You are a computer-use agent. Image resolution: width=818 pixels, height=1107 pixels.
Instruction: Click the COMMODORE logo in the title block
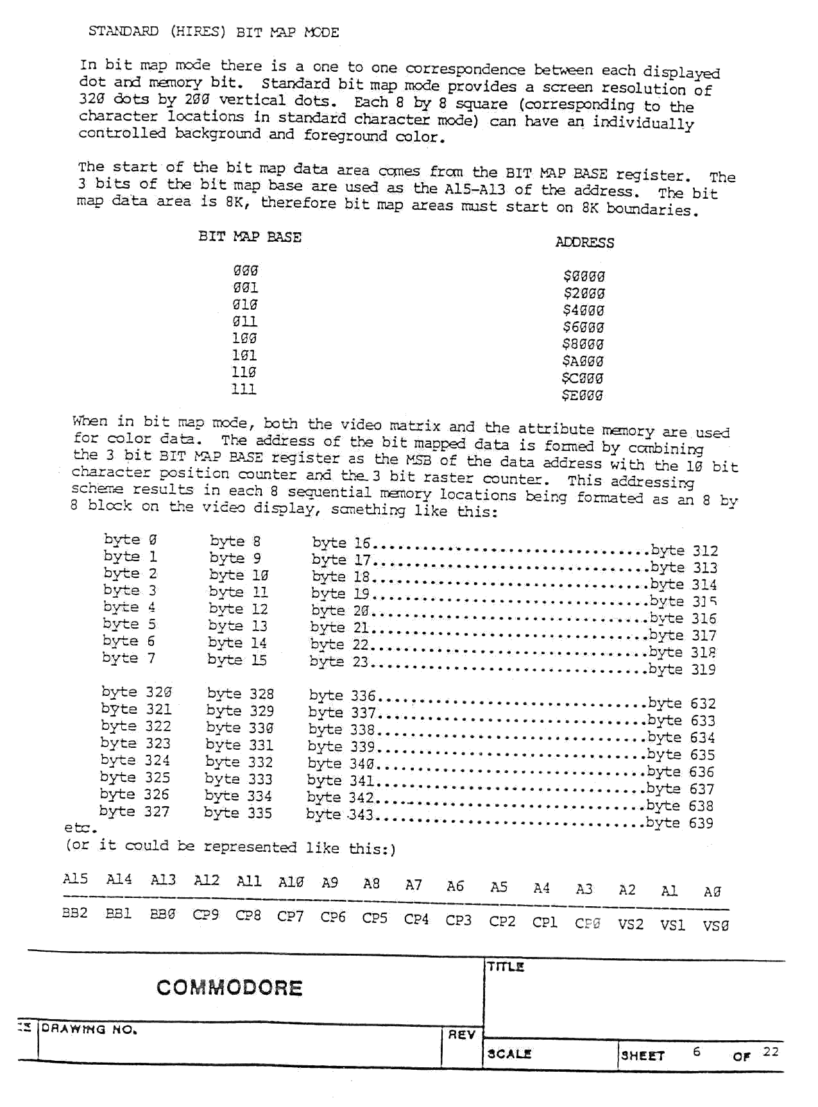(x=229, y=987)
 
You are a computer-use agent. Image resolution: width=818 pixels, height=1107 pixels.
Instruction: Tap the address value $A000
(x=583, y=361)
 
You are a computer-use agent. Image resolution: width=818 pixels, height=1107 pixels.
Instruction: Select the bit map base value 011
(x=244, y=321)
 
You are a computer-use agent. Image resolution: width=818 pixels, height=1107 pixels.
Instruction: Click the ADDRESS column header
(x=584, y=242)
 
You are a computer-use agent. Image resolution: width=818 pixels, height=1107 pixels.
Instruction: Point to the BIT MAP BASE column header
(x=250, y=237)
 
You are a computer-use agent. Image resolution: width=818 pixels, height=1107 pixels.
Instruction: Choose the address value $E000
(x=583, y=395)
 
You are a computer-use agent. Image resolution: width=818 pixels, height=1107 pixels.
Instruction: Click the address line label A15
(x=75, y=879)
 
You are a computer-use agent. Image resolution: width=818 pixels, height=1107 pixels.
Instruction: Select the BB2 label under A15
(x=74, y=913)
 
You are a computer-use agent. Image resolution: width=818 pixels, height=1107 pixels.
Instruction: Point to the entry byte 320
(x=136, y=692)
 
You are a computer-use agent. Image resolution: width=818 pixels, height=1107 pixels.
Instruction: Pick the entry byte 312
(x=684, y=551)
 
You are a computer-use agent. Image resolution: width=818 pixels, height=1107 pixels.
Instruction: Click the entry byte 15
(x=237, y=660)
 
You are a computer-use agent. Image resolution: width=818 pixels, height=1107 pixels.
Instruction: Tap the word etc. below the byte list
(x=80, y=828)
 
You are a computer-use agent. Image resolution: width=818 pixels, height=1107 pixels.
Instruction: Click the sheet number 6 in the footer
(x=696, y=1051)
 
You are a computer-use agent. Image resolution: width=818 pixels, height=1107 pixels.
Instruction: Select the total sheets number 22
(x=771, y=1051)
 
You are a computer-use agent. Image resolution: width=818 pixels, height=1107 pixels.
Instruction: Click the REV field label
(x=461, y=1035)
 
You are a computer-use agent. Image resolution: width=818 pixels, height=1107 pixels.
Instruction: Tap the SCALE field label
(x=509, y=1054)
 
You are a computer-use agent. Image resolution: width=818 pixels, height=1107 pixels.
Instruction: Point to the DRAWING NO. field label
(x=89, y=1029)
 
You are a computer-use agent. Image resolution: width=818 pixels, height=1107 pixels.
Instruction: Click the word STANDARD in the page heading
(x=123, y=31)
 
